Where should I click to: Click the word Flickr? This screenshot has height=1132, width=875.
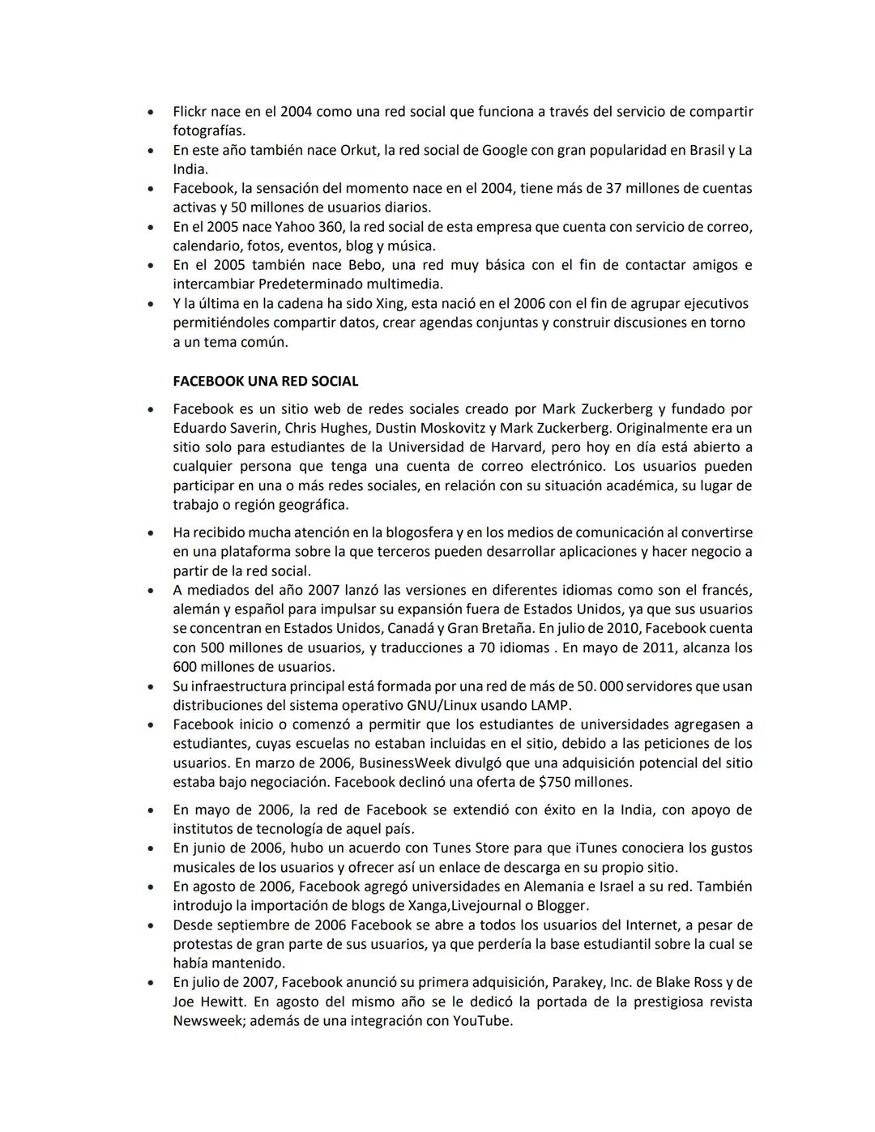point(190,112)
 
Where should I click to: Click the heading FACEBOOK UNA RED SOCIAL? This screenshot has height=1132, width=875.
point(265,381)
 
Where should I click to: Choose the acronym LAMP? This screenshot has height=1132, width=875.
point(551,705)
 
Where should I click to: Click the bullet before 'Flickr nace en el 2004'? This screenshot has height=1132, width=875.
point(150,112)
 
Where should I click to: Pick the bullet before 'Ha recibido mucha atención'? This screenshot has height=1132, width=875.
point(150,532)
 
